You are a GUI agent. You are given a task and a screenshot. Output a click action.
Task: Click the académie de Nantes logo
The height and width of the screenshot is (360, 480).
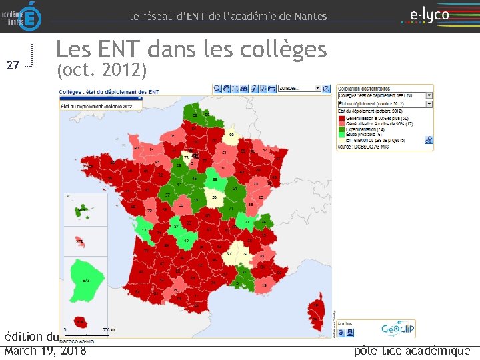[x=21, y=16]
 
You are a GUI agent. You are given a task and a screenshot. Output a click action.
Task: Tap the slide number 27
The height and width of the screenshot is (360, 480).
[x=12, y=65]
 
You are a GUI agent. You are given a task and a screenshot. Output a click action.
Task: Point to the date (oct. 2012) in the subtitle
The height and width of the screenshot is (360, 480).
[x=101, y=69]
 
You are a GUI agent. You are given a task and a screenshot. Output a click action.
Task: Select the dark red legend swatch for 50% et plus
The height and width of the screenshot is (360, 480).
[x=341, y=118]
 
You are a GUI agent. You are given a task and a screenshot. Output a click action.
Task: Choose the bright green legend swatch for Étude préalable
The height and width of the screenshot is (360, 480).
[x=341, y=134]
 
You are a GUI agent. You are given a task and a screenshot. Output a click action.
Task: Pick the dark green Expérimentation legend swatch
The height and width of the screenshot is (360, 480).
[x=341, y=129]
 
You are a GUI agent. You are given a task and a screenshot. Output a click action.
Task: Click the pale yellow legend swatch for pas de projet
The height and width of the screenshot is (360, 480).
[x=341, y=139]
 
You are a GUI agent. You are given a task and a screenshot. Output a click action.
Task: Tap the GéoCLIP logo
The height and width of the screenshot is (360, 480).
[x=399, y=329]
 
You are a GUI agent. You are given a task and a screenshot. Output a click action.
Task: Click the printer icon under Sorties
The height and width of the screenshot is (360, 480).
[x=351, y=331]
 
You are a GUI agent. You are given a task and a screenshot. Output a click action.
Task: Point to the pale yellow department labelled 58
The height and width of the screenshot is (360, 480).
[x=217, y=197]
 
